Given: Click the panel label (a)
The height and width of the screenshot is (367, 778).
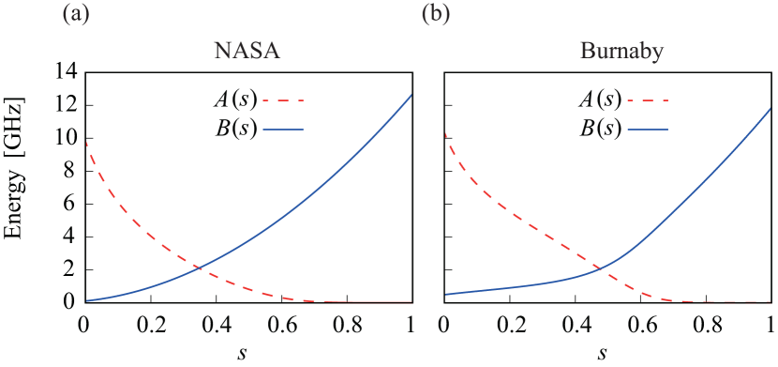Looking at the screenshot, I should pos(76,14).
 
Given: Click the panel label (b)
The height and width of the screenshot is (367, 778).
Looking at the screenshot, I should pos(436,14).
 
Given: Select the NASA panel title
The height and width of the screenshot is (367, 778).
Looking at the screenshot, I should pos(247,52).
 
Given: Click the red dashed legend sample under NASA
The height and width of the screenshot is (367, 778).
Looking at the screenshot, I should pos(284,99).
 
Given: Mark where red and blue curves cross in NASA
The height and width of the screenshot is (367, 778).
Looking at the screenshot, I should pos(199,268).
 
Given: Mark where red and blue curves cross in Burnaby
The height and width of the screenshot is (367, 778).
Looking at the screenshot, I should pos(602,270).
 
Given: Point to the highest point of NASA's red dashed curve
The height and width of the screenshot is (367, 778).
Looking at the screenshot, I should pos(87,142).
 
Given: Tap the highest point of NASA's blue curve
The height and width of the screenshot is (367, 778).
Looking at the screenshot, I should pos(411,95).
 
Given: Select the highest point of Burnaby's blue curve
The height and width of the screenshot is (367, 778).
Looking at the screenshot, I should pos(770,109).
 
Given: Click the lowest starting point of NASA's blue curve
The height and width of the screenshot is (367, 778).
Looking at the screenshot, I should pos(87,300).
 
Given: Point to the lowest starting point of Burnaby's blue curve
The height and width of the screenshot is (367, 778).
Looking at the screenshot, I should pos(445,294).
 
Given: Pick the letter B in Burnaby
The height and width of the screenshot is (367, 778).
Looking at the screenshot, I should pos(583,52).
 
